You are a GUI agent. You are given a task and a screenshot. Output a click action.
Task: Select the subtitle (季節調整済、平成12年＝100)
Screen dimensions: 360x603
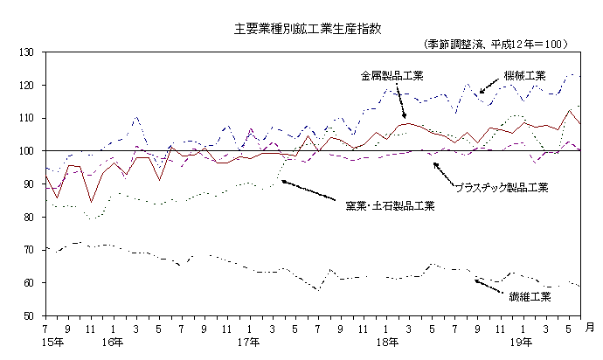tap(496, 43)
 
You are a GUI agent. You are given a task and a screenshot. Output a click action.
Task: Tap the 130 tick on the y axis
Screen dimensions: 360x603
tap(26, 52)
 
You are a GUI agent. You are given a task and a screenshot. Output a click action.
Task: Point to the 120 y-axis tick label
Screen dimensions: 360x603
tap(26, 86)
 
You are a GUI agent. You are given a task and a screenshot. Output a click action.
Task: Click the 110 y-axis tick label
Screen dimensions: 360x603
tap(26, 118)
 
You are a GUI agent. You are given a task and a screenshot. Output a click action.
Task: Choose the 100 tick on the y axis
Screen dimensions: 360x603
tap(26, 151)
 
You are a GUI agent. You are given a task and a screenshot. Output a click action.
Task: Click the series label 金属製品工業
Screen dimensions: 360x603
tap(392, 76)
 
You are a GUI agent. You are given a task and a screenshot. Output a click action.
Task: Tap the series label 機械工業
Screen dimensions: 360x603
tap(524, 76)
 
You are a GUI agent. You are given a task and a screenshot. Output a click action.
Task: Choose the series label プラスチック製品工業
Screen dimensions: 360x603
tap(502, 186)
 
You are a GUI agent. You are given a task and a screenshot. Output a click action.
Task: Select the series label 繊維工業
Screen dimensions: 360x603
tap(530, 297)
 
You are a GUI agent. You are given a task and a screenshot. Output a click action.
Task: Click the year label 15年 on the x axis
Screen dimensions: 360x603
tap(52, 342)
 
